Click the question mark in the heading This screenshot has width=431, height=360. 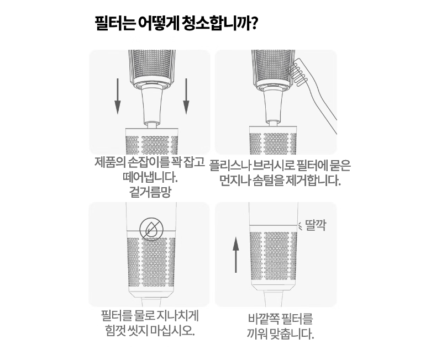[254, 23]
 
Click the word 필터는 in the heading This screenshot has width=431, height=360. [115, 24]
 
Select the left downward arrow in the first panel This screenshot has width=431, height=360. [118, 96]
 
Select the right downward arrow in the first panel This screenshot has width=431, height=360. [186, 96]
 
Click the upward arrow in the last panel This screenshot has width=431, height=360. [235, 255]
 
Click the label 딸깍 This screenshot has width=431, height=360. [316, 225]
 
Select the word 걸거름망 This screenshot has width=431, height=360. [150, 192]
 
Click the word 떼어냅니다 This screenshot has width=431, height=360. [150, 177]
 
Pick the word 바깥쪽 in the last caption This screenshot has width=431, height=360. [264, 319]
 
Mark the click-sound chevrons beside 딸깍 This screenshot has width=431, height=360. [301, 225]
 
